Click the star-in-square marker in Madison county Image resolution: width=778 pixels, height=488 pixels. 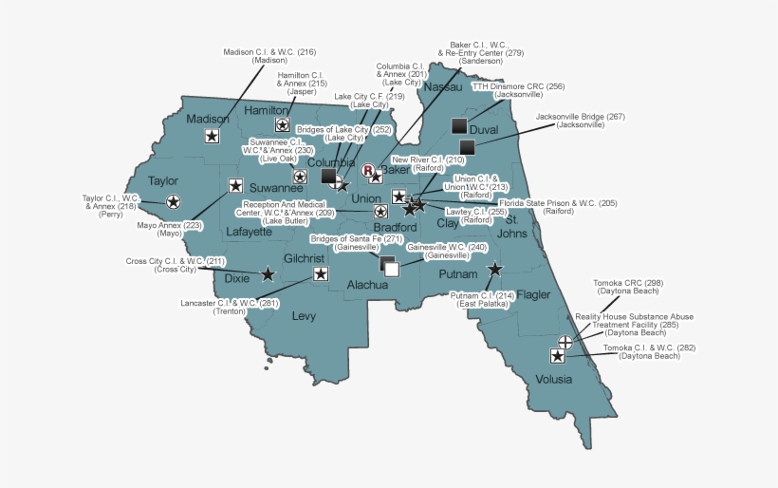[212, 137]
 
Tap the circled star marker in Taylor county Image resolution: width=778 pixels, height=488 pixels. [173, 201]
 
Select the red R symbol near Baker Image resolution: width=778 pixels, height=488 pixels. [368, 171]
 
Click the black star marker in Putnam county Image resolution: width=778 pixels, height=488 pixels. [494, 270]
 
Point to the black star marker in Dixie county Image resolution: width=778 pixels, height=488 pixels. [268, 274]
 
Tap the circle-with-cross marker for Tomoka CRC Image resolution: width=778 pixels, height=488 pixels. [565, 341]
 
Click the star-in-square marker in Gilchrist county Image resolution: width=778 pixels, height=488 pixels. [320, 274]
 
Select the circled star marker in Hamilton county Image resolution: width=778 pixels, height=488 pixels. [282, 124]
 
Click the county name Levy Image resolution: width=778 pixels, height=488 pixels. [304, 315]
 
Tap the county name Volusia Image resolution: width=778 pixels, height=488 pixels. [554, 379]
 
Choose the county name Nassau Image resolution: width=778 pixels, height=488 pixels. [442, 87]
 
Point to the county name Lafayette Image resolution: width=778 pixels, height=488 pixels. [250, 231]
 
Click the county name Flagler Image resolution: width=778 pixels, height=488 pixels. [532, 294]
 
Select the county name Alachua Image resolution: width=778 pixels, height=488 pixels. [367, 284]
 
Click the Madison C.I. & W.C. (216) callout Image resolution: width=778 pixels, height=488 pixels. [269, 56]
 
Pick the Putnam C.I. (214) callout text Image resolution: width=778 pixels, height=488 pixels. [483, 300]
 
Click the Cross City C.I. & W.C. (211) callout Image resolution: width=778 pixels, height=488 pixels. [176, 265]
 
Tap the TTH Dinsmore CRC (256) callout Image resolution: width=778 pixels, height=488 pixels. [518, 90]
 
